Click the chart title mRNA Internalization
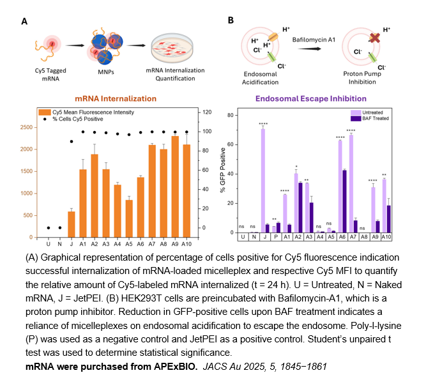click(116, 99)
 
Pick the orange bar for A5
click(129, 218)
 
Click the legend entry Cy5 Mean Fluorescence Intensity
click(89, 112)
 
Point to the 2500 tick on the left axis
click(28, 127)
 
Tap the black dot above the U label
click(49, 227)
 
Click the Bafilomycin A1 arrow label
click(305, 40)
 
